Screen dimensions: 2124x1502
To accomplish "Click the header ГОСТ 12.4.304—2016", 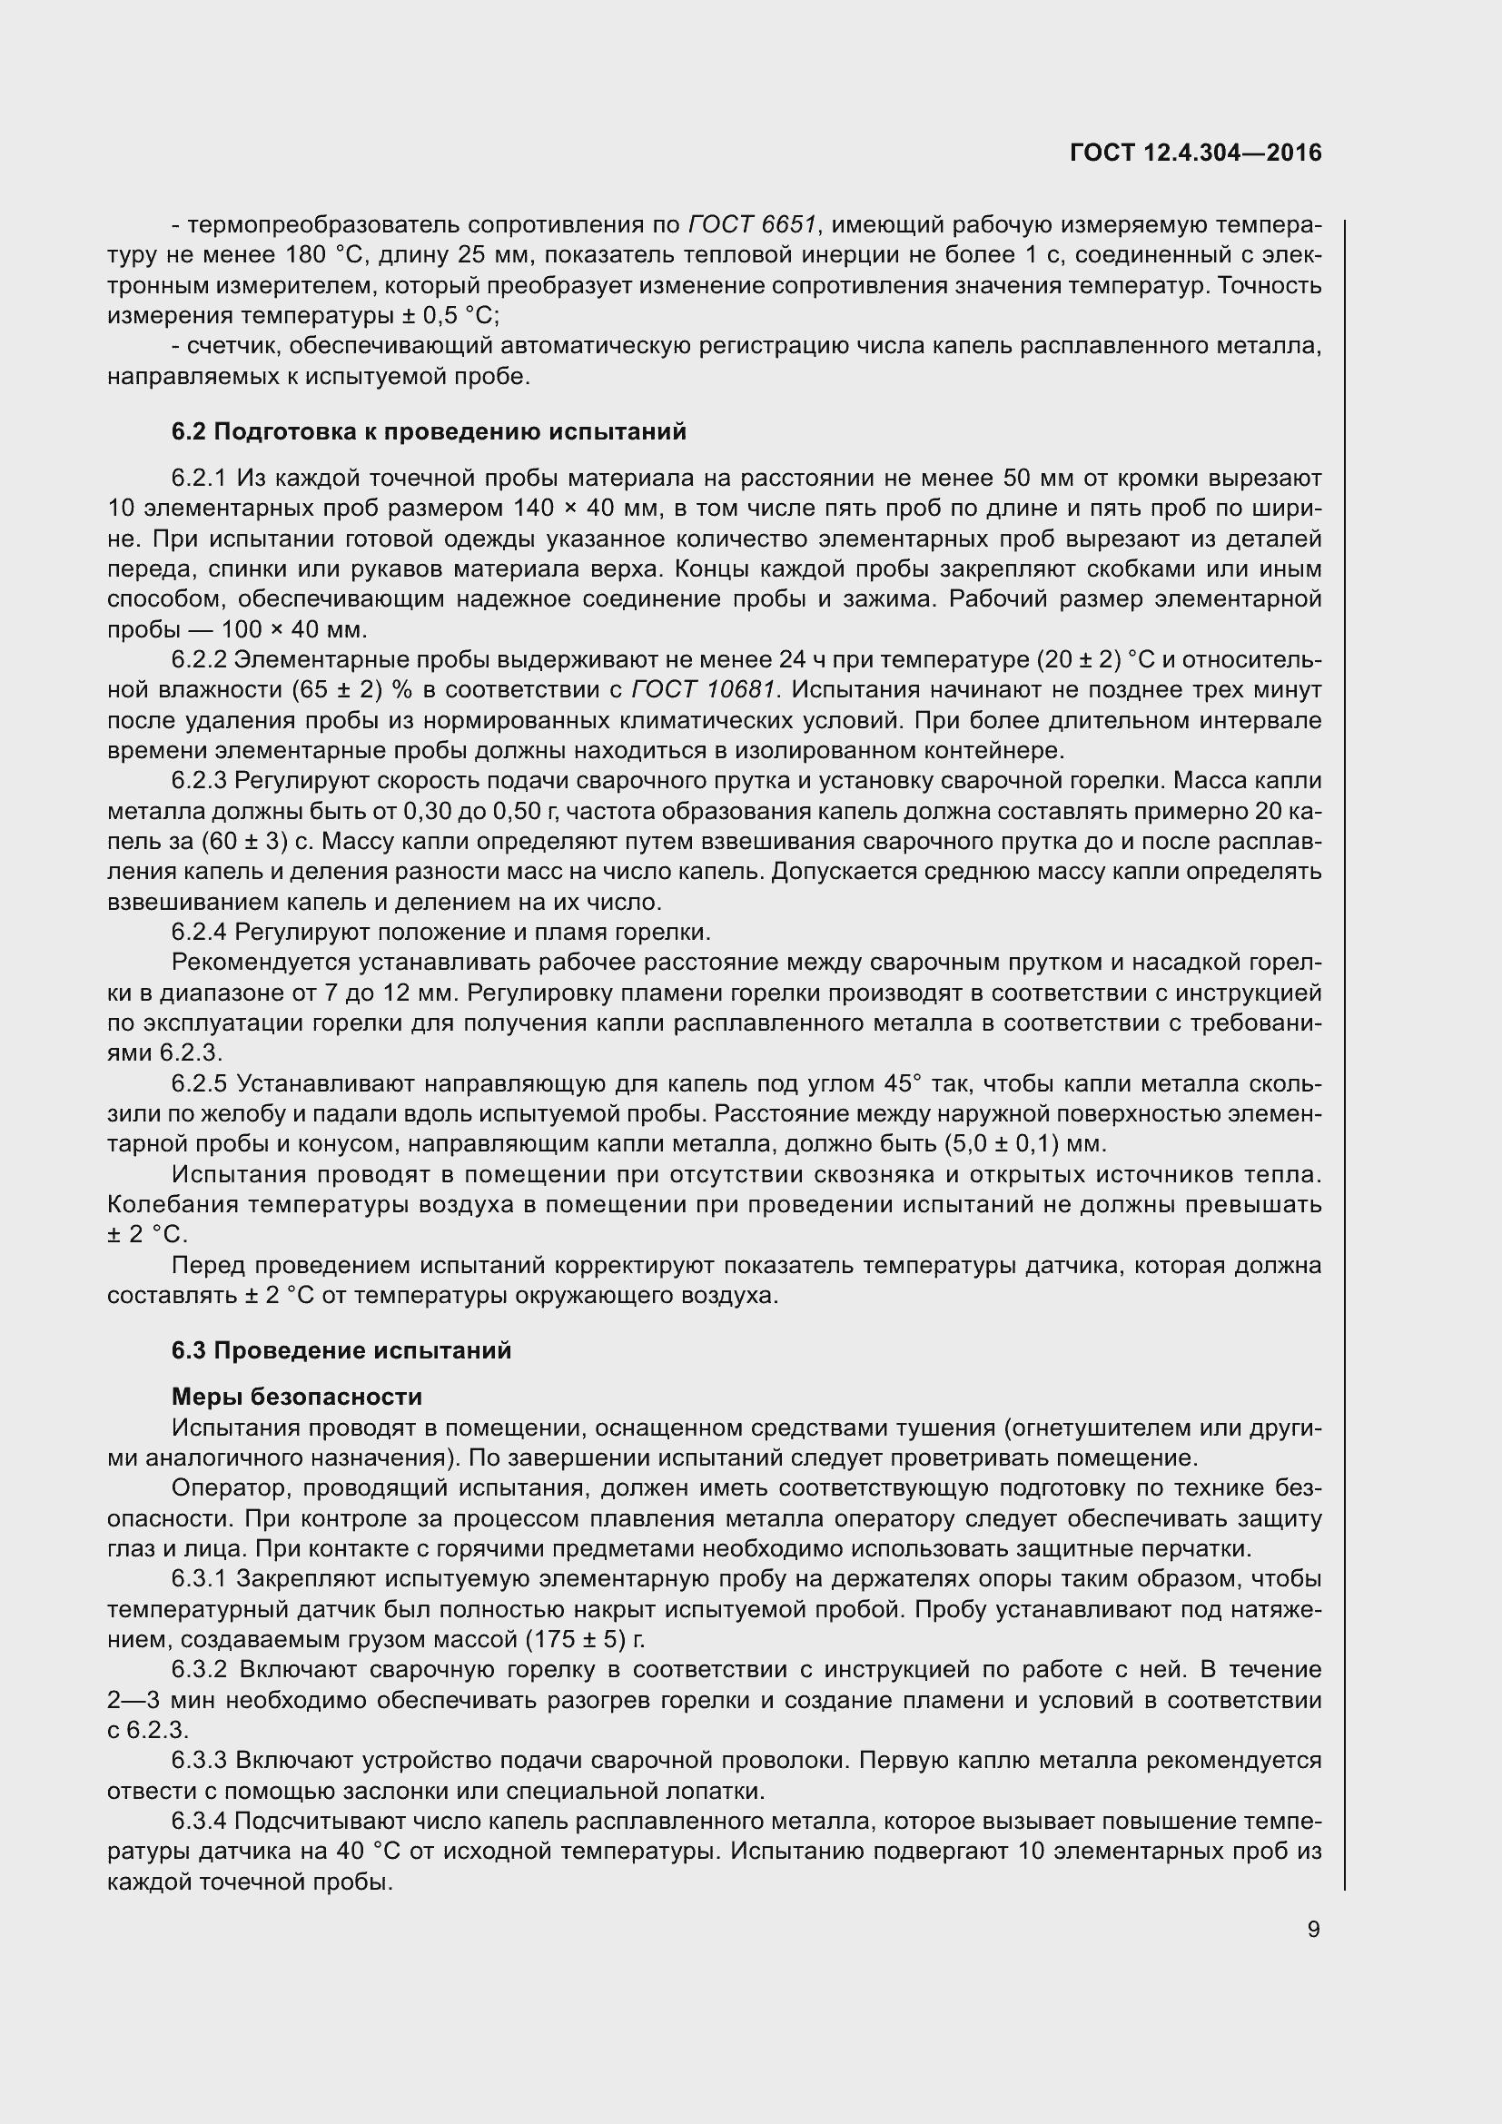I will point(1195,153).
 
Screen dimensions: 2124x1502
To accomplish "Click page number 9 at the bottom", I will point(1313,1930).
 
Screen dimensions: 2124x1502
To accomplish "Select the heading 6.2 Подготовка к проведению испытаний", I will point(430,432).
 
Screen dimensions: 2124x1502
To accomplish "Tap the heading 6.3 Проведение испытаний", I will point(341,1350).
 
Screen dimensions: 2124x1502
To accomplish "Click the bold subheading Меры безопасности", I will point(297,1397).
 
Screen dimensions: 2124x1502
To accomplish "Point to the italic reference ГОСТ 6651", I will point(753,225).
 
